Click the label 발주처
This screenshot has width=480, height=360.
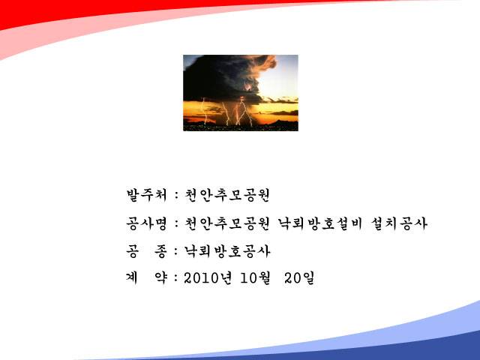coord(146,195)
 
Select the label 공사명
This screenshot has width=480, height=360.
coord(146,223)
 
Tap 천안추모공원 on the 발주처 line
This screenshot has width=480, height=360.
coord(226,195)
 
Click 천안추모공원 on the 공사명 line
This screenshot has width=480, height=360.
coord(226,223)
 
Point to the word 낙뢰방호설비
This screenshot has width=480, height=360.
coord(320,223)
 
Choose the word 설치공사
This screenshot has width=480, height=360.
coord(398,223)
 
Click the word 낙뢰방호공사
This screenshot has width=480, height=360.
coord(226,251)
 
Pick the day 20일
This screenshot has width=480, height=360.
coord(299,278)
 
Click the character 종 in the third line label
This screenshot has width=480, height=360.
coord(160,251)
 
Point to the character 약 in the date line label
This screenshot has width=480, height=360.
coord(160,278)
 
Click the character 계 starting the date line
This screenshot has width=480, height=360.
coord(132,278)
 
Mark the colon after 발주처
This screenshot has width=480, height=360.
coord(176,196)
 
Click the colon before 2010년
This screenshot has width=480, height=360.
coord(176,278)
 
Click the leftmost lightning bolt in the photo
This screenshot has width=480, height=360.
coord(205,111)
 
